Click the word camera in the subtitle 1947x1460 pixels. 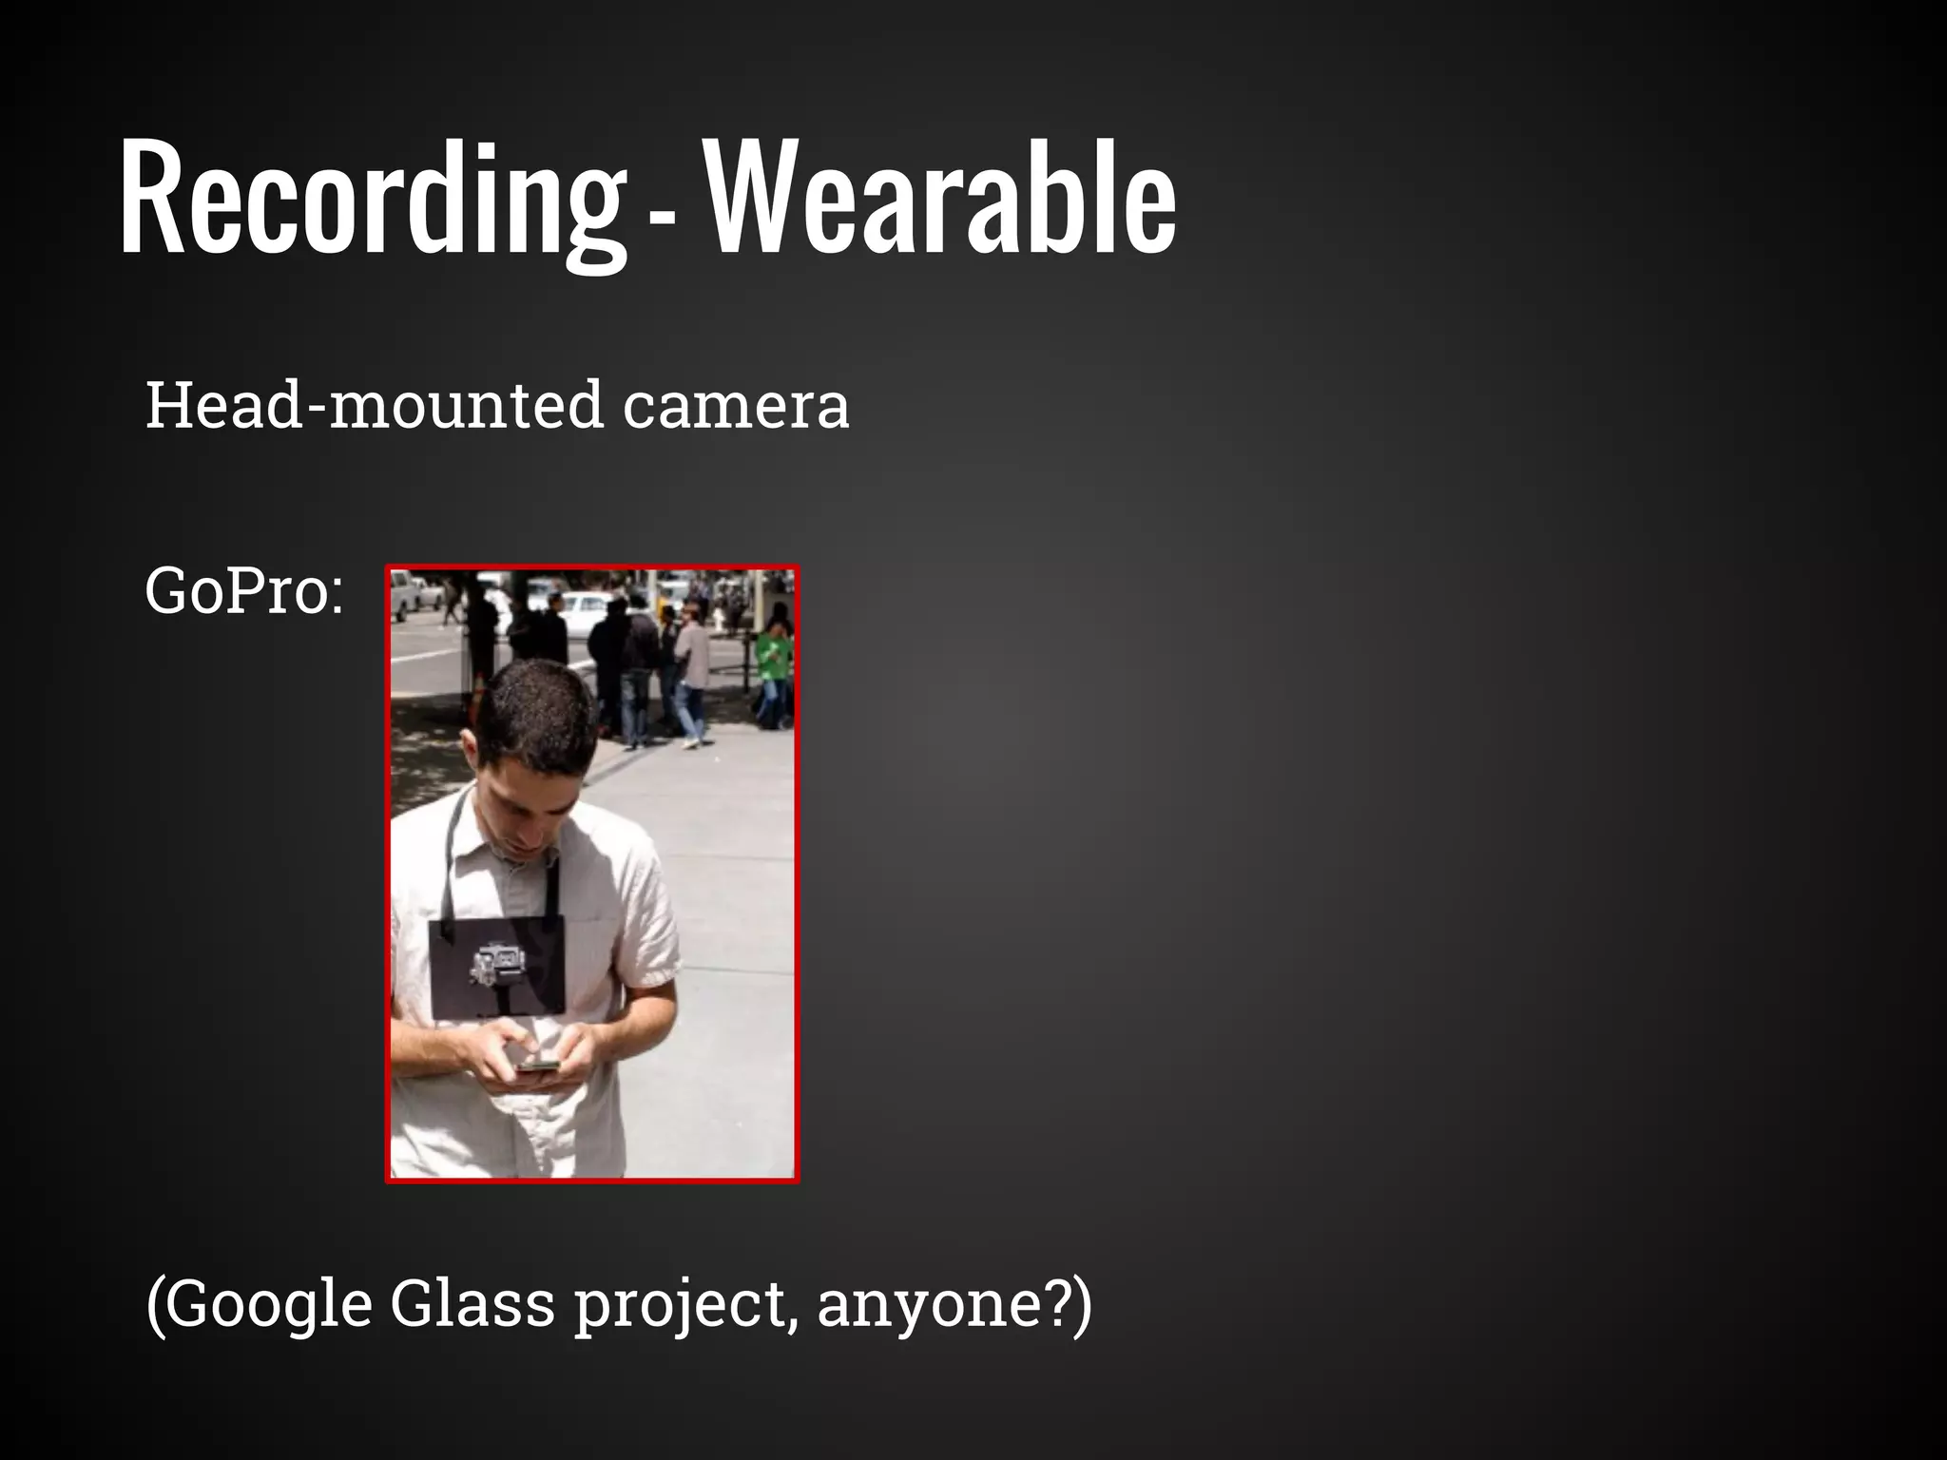[x=736, y=407]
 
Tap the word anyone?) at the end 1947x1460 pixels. [x=954, y=1304]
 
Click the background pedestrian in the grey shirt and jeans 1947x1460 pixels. [x=691, y=675]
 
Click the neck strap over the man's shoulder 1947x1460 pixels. [x=455, y=846]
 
